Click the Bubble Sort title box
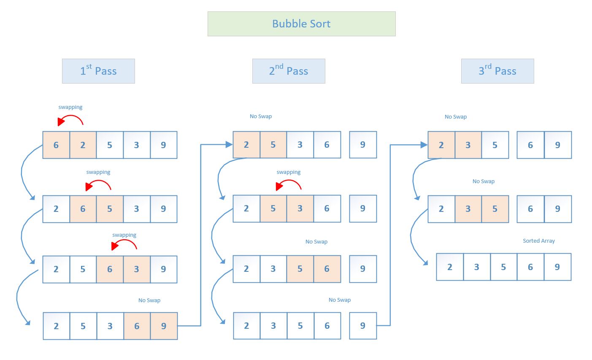click(301, 24)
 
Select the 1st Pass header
click(98, 71)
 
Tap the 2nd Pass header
click(289, 71)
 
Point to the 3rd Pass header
click(497, 71)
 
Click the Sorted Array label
click(538, 241)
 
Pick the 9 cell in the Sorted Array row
click(557, 267)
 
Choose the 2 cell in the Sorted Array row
click(450, 267)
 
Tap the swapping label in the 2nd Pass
click(289, 172)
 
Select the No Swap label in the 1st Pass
click(149, 300)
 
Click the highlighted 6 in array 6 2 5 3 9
click(56, 145)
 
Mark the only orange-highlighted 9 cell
click(164, 326)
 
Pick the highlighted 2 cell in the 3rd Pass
click(441, 145)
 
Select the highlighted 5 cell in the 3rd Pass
click(495, 209)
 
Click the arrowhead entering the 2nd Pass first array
click(229, 145)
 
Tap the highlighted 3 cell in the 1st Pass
click(137, 269)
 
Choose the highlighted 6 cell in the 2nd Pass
click(327, 269)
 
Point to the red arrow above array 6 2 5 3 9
click(70, 120)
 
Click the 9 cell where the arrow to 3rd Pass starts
click(363, 325)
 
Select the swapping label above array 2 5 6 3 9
click(124, 235)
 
